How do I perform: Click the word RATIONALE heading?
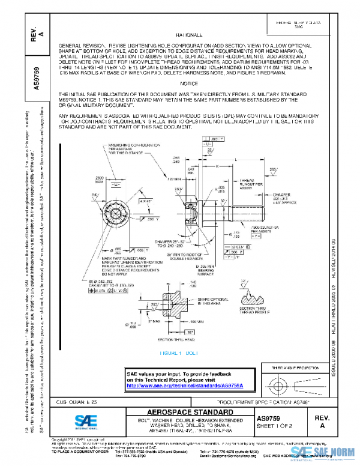pyautogui.click(x=189, y=35)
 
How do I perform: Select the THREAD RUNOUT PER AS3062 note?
pyautogui.click(x=251, y=184)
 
